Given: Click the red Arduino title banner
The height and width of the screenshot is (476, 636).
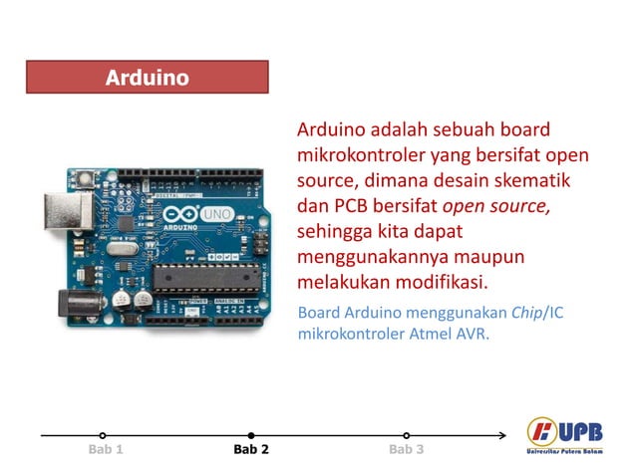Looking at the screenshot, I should (x=147, y=77).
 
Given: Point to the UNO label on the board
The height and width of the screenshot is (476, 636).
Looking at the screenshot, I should (x=215, y=214).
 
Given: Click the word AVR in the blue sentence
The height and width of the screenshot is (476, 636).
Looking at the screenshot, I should (x=472, y=335).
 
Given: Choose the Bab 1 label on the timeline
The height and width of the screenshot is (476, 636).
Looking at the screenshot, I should (x=105, y=450).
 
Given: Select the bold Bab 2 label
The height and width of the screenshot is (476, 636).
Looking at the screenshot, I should (x=251, y=450).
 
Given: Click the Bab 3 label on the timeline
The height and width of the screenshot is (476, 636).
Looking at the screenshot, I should (x=406, y=450).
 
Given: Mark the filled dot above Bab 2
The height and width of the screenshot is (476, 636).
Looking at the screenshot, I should (x=251, y=435).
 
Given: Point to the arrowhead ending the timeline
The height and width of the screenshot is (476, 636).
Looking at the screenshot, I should (x=501, y=435).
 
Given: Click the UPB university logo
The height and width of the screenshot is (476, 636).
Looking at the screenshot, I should (x=565, y=436).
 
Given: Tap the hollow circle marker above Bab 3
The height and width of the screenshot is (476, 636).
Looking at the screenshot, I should (x=406, y=435).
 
